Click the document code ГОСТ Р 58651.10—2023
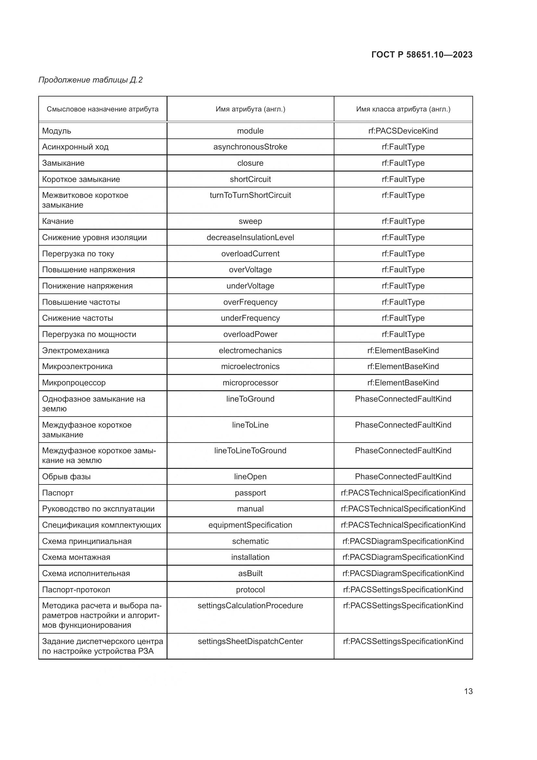[422, 55]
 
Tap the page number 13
[468, 691]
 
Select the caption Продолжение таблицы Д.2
[90, 80]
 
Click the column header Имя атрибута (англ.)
[250, 109]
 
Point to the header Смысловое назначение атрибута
[103, 109]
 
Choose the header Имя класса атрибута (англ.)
[403, 109]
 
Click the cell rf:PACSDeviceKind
[403, 131]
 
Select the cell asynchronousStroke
[250, 147]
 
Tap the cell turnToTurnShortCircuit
[250, 195]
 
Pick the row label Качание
[58, 221]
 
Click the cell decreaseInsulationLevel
[250, 237]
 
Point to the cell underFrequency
[250, 318]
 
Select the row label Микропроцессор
[74, 383]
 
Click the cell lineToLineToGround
[250, 450]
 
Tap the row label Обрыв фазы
[66, 477]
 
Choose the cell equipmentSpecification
[250, 525]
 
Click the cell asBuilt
[250, 573]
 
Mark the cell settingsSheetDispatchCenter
[250, 641]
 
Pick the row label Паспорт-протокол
[76, 589]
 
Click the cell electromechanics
[250, 351]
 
